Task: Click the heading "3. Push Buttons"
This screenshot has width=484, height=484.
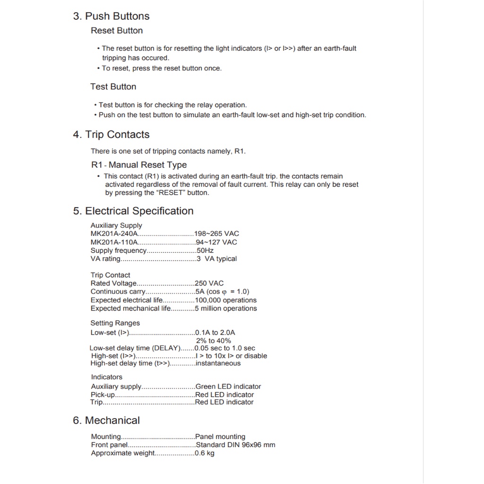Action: point(111,16)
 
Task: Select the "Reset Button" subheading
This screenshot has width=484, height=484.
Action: point(117,31)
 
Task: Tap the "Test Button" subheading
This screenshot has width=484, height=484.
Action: point(113,86)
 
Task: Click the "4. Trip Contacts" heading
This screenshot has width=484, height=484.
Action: point(111,135)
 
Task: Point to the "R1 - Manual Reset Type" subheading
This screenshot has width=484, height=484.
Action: point(138,165)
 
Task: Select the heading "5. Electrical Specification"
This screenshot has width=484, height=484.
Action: point(133,211)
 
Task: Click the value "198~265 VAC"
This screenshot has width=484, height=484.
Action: point(216,233)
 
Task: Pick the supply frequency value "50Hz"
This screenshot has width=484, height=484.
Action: point(205,251)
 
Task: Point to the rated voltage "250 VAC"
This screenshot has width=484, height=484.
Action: point(209,284)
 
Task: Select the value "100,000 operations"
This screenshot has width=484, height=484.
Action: point(225,300)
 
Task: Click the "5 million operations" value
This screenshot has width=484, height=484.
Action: point(226,309)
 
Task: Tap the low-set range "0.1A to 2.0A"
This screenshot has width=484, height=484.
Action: point(215,333)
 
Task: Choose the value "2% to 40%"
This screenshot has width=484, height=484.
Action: point(213,341)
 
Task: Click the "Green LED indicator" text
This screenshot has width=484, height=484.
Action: point(228,387)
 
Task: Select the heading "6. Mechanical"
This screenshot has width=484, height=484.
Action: point(106,421)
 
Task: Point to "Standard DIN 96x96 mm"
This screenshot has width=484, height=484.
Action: point(235,445)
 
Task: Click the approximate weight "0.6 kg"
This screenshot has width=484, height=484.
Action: point(204,453)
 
